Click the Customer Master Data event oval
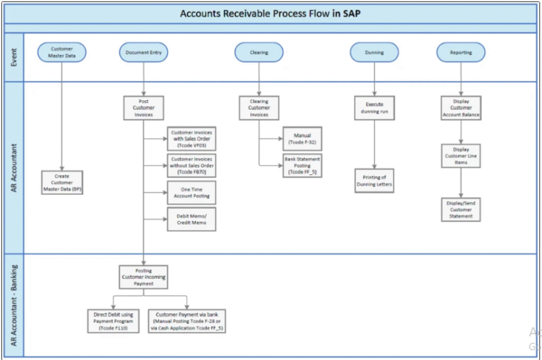coord(61,52)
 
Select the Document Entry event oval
coord(143,52)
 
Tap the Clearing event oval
coord(258,52)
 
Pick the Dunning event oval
coord(374,52)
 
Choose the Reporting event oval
coord(461,52)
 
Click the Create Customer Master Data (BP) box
coord(62,182)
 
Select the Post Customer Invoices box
coord(143,108)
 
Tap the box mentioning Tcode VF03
coord(191,138)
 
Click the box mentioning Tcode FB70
coord(191,165)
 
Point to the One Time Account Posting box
coord(191,192)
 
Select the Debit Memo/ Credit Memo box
coord(191,219)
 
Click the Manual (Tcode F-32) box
coord(302,138)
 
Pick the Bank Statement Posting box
coord(302,165)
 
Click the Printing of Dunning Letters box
coord(374,181)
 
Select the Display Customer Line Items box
coord(461,156)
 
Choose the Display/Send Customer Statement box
coord(461,210)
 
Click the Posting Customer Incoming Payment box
coord(143,277)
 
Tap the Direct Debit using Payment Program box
coord(114,320)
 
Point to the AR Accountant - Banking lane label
coord(13,304)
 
